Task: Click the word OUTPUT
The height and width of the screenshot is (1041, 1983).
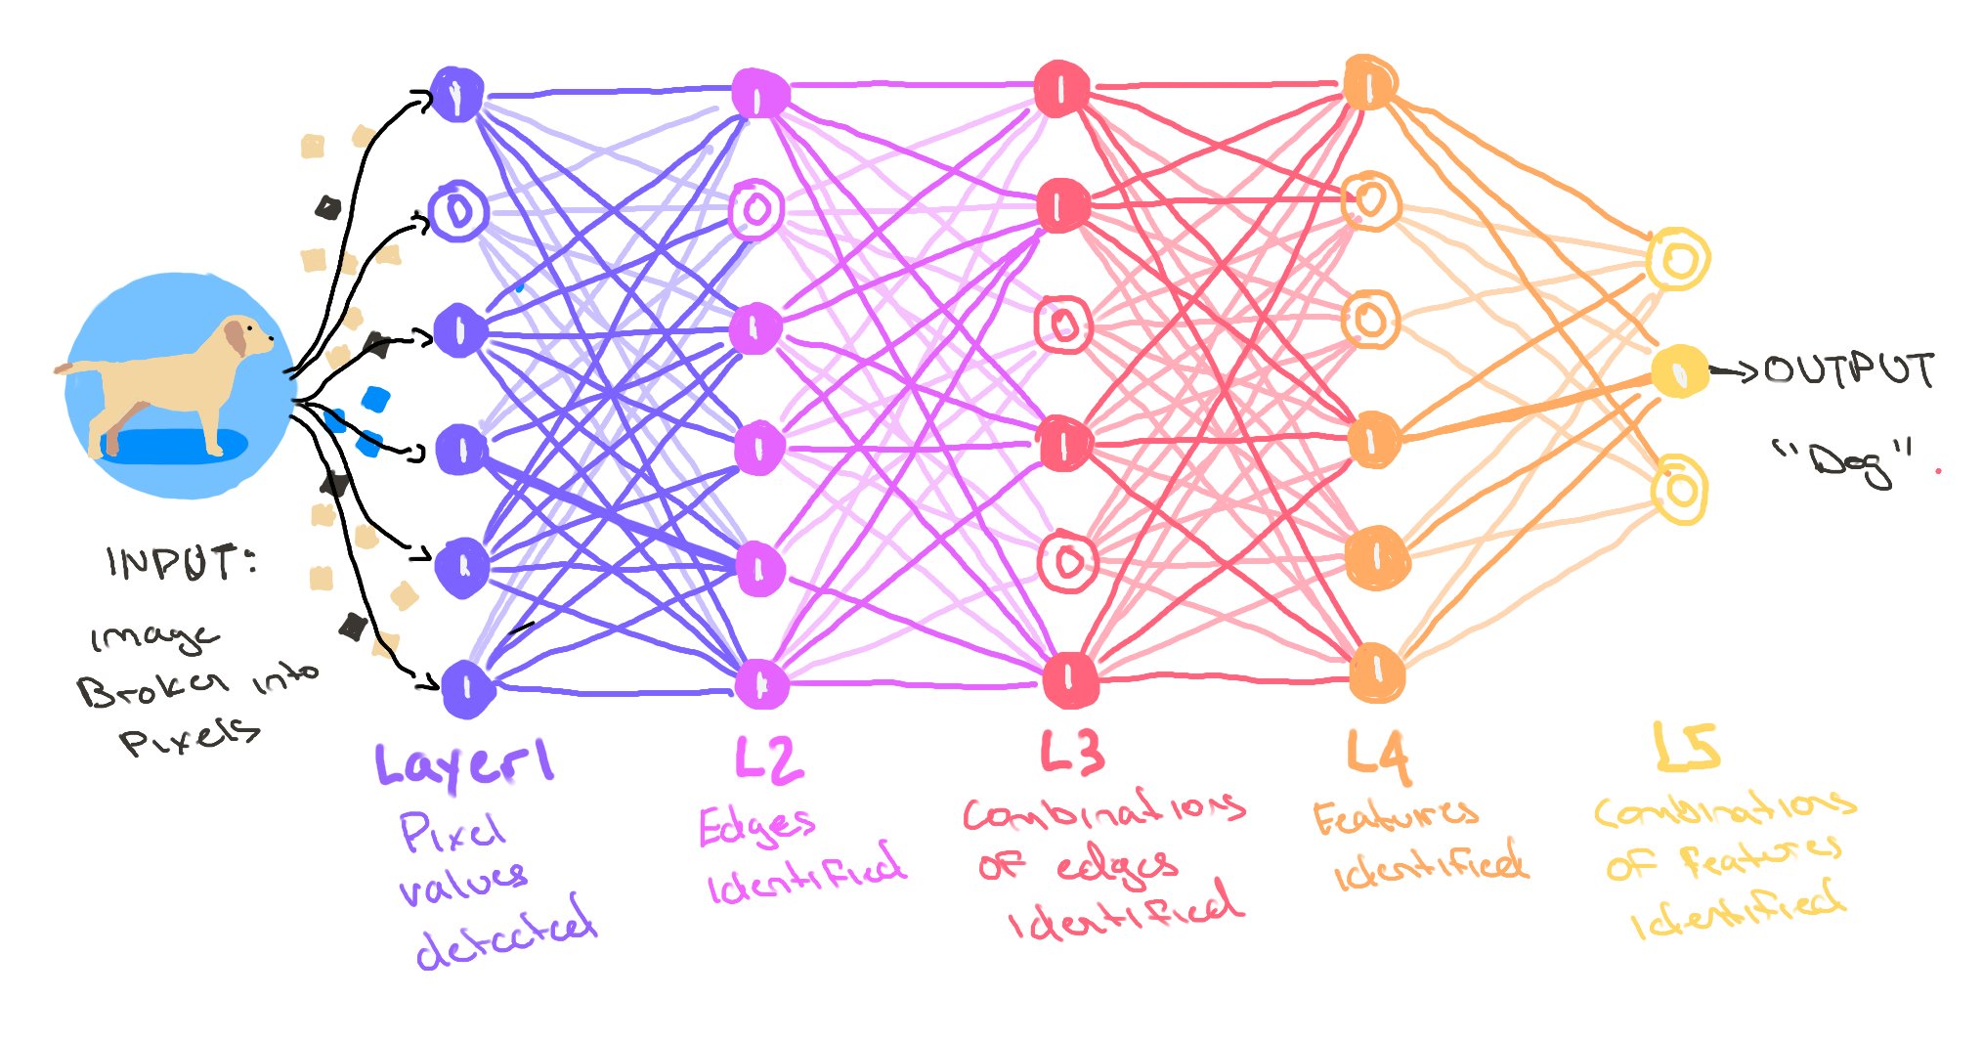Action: tap(1849, 370)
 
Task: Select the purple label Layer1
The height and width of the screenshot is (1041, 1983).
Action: tap(465, 764)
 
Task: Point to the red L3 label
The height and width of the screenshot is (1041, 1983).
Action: tap(1072, 753)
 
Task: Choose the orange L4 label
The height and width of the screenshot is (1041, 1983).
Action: tap(1378, 757)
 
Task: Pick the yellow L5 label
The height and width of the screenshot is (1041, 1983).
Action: tap(1686, 748)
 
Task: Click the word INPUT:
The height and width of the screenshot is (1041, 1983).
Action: tap(182, 563)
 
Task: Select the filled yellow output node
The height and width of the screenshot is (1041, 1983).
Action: tap(1679, 371)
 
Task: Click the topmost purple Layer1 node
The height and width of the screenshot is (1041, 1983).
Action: tap(456, 95)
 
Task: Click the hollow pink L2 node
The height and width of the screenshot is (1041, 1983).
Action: tap(756, 208)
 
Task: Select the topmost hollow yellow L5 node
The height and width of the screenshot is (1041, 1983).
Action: tap(1677, 260)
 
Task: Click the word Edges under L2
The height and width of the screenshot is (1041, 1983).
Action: tap(755, 827)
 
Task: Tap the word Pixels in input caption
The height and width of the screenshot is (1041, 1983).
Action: tap(191, 735)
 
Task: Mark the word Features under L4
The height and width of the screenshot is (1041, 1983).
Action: tap(1395, 817)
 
